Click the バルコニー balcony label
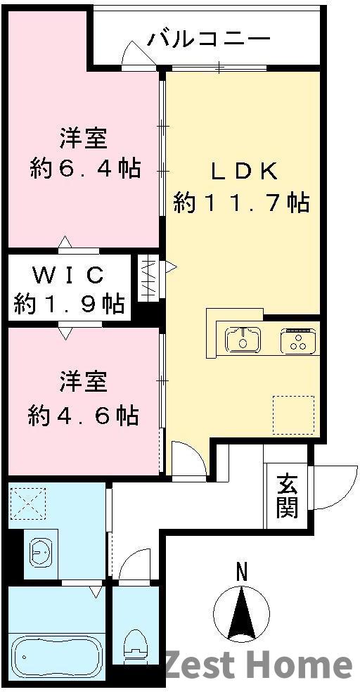pos(209,38)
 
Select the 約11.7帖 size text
pos(241,203)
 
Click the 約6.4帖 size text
pos(85,169)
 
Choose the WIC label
pos(70,273)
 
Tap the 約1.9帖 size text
pos(70,304)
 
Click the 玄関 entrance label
pos(285,495)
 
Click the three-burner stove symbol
pos(299,341)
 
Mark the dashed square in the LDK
pos(293,415)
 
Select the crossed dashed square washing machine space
pos(27,504)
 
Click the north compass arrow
pos(242,612)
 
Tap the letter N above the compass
pos(242,572)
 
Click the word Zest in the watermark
pos(205,665)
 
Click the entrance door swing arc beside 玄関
pos(332,488)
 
